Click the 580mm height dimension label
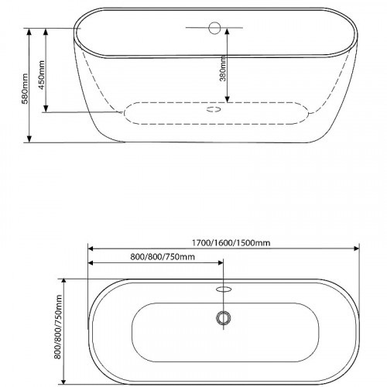[25, 88]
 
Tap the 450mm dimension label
[42, 75]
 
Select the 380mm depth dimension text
[223, 68]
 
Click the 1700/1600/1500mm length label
[231, 243]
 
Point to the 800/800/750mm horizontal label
[163, 257]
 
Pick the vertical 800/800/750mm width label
[58, 327]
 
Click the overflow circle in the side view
[214, 28]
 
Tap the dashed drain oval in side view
[214, 109]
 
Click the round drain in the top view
[224, 318]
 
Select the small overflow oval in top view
[224, 289]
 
